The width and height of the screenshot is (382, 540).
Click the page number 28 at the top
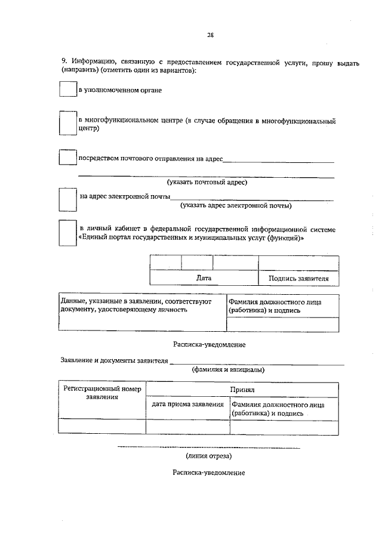210,35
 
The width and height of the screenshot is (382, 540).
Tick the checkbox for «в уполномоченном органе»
68,89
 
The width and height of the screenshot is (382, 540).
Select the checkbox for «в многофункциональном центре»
68,124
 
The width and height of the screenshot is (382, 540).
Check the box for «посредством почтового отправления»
68,158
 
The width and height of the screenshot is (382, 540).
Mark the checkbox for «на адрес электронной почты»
68,199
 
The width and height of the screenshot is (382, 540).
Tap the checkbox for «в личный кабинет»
68,233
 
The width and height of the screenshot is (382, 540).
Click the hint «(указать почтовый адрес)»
207,182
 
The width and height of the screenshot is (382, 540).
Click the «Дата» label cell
204,278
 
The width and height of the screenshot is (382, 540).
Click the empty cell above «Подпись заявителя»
298,263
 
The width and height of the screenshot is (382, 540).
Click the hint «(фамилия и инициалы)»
228,369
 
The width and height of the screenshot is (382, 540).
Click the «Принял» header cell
242,388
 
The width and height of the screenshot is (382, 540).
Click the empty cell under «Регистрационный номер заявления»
102,427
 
